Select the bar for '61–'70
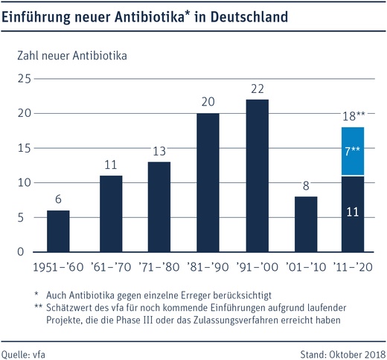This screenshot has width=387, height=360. pyautogui.click(x=111, y=213)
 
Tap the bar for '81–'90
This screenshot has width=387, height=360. pyautogui.click(x=208, y=182)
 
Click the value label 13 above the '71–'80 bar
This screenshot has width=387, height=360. pyautogui.click(x=159, y=152)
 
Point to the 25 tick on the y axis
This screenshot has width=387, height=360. pyautogui.click(x=23, y=79)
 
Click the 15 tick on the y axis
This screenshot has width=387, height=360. pyautogui.click(x=23, y=148)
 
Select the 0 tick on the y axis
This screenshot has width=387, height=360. pyautogui.click(x=27, y=252)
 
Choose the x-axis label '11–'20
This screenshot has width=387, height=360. pyautogui.click(x=351, y=266)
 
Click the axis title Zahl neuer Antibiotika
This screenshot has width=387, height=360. pyautogui.click(x=66, y=55)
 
